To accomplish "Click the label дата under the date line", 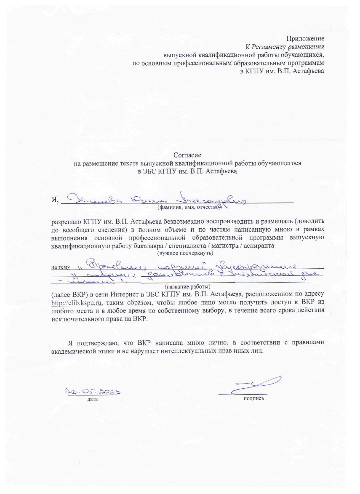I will [93, 398].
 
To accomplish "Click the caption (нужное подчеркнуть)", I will [185, 253].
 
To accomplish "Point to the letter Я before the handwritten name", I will [54, 199].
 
